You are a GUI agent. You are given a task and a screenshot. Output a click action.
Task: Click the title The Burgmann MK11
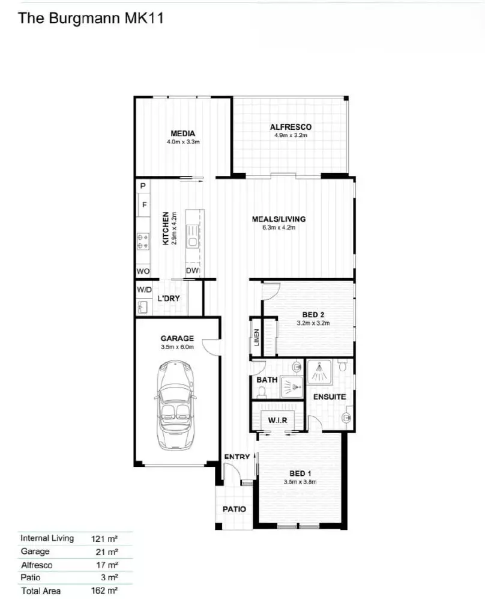(x=91, y=18)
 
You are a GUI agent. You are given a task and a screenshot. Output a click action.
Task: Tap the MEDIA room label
(x=182, y=133)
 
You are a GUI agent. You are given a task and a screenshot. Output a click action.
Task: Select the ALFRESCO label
(x=291, y=127)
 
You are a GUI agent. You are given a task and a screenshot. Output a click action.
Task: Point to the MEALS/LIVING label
(x=279, y=219)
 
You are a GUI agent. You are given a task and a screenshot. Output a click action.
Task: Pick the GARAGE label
(x=177, y=338)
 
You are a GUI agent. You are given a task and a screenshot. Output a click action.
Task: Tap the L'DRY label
(x=169, y=298)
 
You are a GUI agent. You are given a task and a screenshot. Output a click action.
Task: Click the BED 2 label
(x=313, y=314)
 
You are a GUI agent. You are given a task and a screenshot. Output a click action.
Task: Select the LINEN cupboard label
(x=256, y=339)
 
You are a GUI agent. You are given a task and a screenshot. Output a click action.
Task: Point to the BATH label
(x=266, y=380)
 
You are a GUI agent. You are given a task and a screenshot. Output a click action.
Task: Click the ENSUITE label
(x=330, y=397)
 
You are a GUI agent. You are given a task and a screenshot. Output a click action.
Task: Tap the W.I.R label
(x=277, y=420)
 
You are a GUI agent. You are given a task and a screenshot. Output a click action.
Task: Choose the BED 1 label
(x=300, y=473)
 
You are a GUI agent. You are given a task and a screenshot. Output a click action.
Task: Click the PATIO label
(x=234, y=508)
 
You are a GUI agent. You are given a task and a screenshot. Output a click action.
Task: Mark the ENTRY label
(x=236, y=457)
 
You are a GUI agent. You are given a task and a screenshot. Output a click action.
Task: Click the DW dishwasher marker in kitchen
(x=192, y=271)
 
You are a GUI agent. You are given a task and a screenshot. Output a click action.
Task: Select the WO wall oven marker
(x=143, y=272)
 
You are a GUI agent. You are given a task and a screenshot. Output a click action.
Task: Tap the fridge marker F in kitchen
(x=144, y=205)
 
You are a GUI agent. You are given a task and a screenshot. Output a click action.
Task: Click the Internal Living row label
(x=47, y=538)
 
